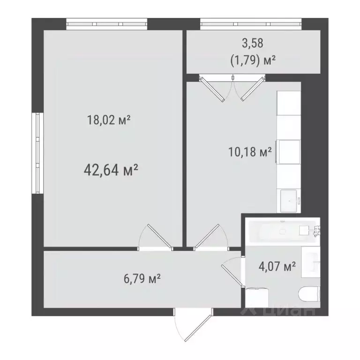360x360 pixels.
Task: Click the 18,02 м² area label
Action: (x=108, y=120)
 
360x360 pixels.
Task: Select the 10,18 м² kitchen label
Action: (x=250, y=152)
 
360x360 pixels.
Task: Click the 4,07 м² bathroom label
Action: (x=277, y=267)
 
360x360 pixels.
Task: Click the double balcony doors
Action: (x=230, y=88)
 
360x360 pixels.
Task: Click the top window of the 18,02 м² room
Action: (x=106, y=23)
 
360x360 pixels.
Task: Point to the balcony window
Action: (x=250, y=23)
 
